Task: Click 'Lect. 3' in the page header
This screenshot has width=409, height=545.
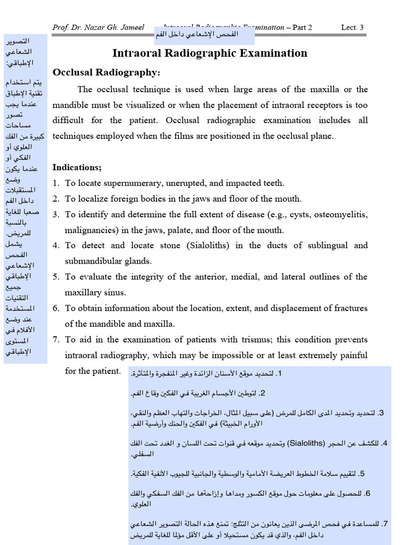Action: (x=352, y=28)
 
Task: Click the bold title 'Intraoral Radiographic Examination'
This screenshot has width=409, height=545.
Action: (x=210, y=53)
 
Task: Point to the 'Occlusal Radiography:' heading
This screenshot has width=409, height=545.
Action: (x=106, y=72)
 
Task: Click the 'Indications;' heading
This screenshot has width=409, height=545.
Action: (x=77, y=167)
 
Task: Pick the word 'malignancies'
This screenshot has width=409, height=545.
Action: (x=88, y=230)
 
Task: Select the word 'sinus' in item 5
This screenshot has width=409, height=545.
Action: (x=117, y=293)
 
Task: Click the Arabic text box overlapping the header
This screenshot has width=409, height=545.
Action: (x=204, y=35)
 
